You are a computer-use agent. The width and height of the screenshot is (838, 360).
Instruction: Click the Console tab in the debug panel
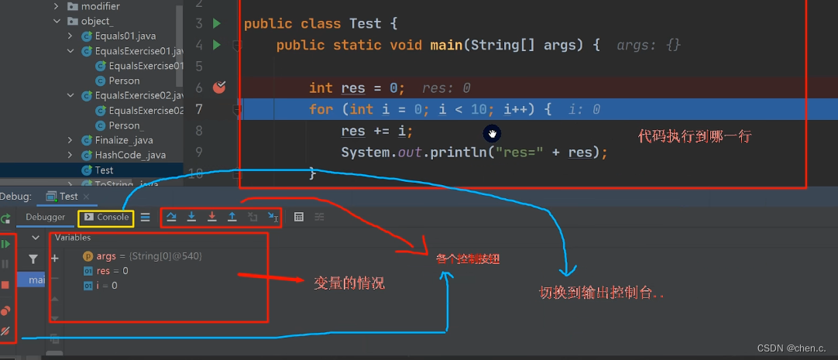click(x=107, y=218)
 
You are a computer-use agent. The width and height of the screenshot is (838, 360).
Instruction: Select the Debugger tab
click(x=46, y=218)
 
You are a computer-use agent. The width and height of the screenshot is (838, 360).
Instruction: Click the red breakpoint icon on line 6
click(x=219, y=87)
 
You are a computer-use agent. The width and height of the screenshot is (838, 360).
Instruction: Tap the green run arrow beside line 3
click(x=218, y=23)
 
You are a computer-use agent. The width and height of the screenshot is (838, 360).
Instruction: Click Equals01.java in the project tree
click(x=125, y=36)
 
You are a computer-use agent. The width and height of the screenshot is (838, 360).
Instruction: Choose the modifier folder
click(x=100, y=6)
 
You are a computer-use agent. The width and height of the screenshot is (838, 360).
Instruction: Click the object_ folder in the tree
click(x=97, y=21)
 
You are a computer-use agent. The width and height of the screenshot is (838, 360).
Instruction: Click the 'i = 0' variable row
click(x=101, y=286)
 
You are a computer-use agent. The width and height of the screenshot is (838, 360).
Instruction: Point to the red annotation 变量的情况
click(x=348, y=283)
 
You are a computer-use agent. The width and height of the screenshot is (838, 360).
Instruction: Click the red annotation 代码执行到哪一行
click(x=695, y=136)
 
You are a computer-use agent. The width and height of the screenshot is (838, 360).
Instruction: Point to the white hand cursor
click(x=491, y=133)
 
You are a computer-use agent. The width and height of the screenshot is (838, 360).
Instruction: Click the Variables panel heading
click(x=73, y=238)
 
